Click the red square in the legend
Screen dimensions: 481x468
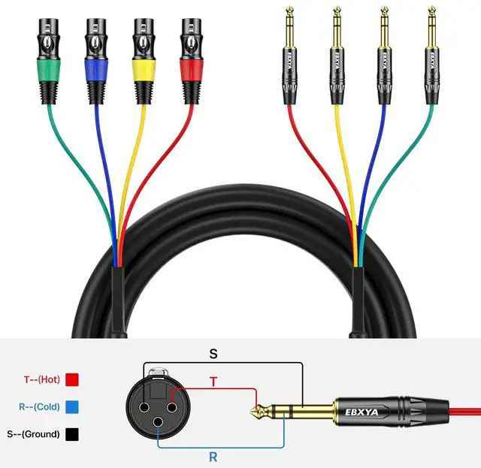(73, 380)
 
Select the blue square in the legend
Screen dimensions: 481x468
(73, 407)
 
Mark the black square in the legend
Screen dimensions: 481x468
(73, 433)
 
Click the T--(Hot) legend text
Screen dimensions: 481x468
(37, 380)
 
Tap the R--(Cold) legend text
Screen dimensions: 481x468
(37, 407)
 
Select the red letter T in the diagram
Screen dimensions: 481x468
(213, 382)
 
